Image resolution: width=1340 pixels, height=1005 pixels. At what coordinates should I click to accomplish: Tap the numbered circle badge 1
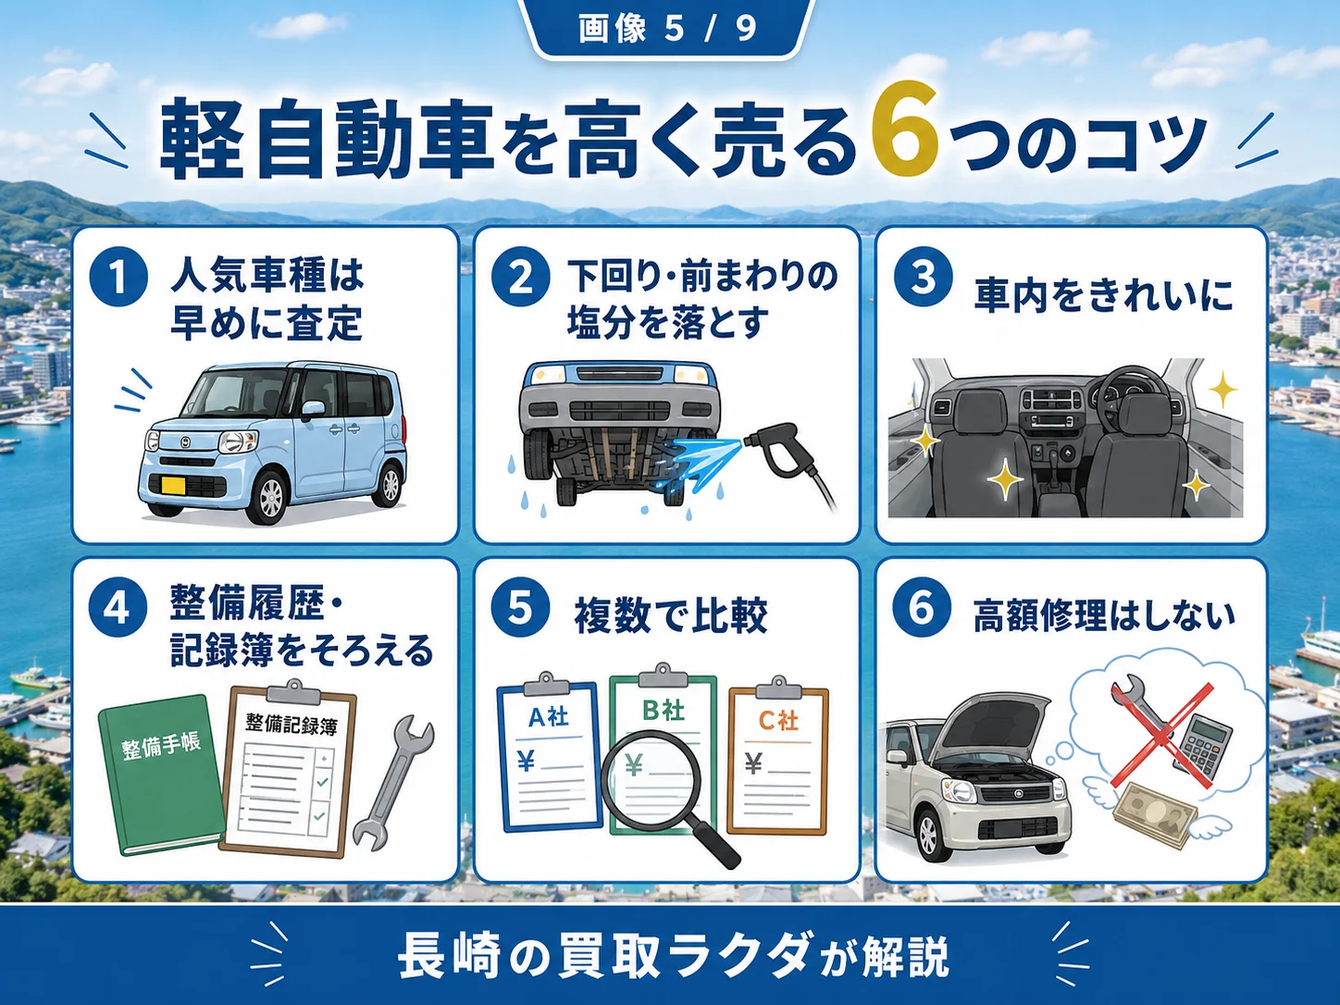point(118,277)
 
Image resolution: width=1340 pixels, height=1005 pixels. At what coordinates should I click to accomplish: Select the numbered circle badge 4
point(118,608)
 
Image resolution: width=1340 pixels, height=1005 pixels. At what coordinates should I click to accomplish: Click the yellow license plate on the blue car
point(173,485)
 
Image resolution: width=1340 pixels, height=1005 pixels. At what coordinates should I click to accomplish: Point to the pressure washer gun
point(788,464)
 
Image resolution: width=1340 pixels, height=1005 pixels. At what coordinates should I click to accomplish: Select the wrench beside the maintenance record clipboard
point(392,784)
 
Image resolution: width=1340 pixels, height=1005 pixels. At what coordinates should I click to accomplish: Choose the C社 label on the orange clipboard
point(778,721)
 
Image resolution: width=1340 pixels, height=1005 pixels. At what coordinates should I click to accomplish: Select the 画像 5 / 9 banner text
point(668,29)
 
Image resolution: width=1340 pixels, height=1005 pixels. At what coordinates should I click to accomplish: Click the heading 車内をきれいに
point(1103,296)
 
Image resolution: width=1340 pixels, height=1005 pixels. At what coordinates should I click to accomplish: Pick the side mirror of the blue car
point(313,409)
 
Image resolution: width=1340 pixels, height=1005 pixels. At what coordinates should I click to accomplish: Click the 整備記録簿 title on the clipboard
point(292,725)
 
